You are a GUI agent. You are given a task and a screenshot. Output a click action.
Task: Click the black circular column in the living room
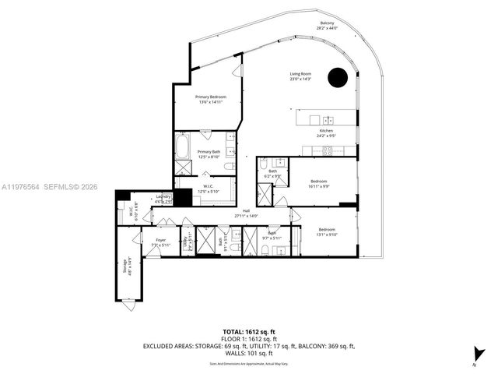pyautogui.click(x=337, y=77)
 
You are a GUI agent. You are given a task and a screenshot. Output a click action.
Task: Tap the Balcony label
pyautogui.click(x=328, y=26)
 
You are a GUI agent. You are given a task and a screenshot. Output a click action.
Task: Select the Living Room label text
pyautogui.click(x=300, y=76)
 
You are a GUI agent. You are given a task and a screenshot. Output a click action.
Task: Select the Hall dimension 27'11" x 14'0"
pyautogui.click(x=247, y=216)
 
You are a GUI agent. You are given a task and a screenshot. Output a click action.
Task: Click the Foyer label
pyautogui.click(x=161, y=242)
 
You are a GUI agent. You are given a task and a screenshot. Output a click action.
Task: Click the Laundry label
pyautogui.click(x=163, y=198)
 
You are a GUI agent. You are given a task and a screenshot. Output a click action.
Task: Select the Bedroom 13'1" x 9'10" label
pyautogui.click(x=327, y=231)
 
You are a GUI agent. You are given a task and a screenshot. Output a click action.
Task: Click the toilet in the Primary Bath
pyautogui.click(x=230, y=165)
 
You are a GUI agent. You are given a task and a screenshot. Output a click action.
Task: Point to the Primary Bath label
pyautogui.click(x=209, y=154)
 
